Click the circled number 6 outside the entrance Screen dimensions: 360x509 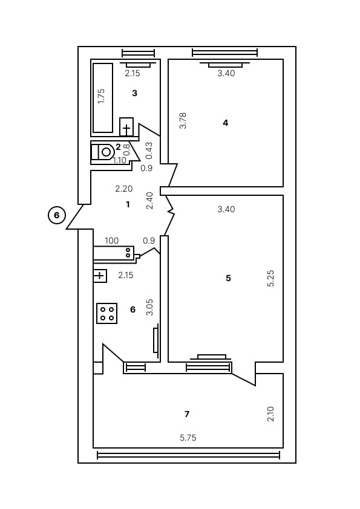point(57,215)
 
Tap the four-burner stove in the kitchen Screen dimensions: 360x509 point(107,313)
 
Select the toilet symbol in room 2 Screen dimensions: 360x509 point(102,152)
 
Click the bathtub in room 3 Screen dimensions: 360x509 point(103,98)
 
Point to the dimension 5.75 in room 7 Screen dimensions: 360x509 point(188,438)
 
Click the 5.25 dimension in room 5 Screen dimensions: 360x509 point(271,278)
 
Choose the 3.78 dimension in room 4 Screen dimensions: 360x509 point(183,120)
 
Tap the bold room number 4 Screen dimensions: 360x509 point(226,123)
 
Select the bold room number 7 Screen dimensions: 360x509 point(187,414)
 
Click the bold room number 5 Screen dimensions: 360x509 point(229,278)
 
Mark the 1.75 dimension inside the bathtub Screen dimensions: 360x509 point(102,96)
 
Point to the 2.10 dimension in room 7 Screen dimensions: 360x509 point(270,414)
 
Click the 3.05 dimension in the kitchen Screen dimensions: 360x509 point(149,307)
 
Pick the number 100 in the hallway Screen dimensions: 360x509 point(112,241)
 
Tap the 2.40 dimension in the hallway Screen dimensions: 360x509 point(149,201)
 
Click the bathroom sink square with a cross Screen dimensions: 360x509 point(126,127)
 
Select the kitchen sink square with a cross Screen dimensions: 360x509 point(100,276)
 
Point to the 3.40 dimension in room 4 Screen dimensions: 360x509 point(226,73)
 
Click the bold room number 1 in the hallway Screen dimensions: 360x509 point(128,204)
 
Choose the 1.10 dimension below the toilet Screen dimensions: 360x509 point(120,160)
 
